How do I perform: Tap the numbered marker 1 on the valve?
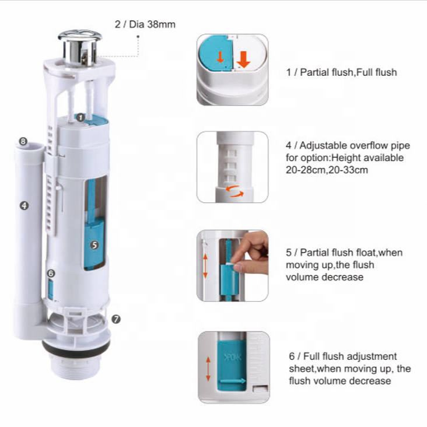tap(80, 118)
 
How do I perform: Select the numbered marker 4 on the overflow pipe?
tap(24, 205)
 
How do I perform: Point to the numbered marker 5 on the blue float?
tap(94, 245)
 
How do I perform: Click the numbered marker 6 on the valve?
tap(51, 274)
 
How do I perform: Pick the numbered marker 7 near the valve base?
tap(116, 319)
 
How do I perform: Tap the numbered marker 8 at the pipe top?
tap(23, 141)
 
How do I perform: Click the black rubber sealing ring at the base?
tap(76, 346)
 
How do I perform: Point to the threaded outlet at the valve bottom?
tap(76, 366)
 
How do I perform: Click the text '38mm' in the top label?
tap(161, 24)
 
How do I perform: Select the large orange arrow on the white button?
tap(243, 60)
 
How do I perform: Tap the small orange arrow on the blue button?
tap(220, 57)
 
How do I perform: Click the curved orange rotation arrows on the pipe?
tap(235, 191)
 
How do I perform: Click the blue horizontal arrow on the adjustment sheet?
tap(233, 381)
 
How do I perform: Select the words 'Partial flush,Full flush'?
tap(348, 72)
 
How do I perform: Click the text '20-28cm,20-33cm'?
tap(327, 170)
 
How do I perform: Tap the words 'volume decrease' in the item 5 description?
tap(324, 277)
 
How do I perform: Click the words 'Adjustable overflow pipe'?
tap(355, 146)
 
